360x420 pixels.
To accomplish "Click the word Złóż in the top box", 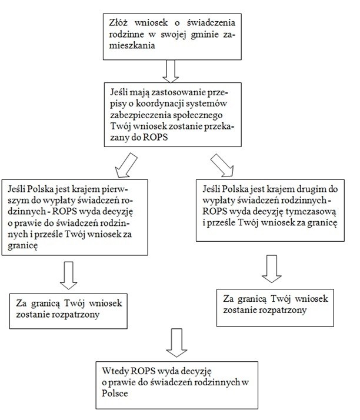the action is click(118, 23).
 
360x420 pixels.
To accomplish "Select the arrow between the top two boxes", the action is click(171, 71).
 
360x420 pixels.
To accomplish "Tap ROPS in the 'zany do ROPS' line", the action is click(155, 138).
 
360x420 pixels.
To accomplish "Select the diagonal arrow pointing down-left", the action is click(126, 165).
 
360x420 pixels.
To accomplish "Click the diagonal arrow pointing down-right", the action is click(222, 165).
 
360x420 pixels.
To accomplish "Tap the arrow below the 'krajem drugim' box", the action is click(272, 269).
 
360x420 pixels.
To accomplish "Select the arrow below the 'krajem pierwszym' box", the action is click(69, 275).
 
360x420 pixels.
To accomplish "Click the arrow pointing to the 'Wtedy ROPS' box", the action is click(176, 343).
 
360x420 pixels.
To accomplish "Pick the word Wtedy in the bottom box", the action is click(115, 371).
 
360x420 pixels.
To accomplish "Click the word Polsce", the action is click(115, 393).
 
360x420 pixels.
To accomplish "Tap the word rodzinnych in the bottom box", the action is click(216, 382).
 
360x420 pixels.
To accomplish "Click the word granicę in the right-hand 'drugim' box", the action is click(322, 223).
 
